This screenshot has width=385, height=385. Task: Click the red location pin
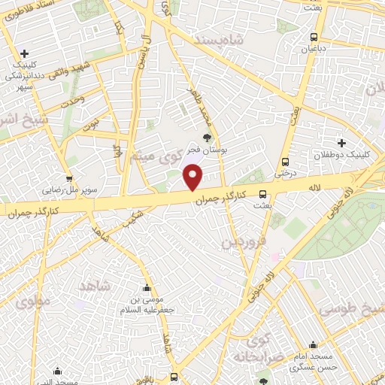(x=193, y=178)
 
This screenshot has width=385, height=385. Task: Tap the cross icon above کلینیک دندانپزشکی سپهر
(x=25, y=53)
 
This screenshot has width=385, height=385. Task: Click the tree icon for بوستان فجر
(x=207, y=137)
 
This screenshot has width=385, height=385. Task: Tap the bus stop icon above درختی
(x=285, y=162)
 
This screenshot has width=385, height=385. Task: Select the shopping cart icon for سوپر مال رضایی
(x=70, y=179)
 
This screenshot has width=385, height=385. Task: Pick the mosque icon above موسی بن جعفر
(x=147, y=288)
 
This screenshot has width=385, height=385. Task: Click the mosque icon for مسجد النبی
(x=58, y=371)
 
